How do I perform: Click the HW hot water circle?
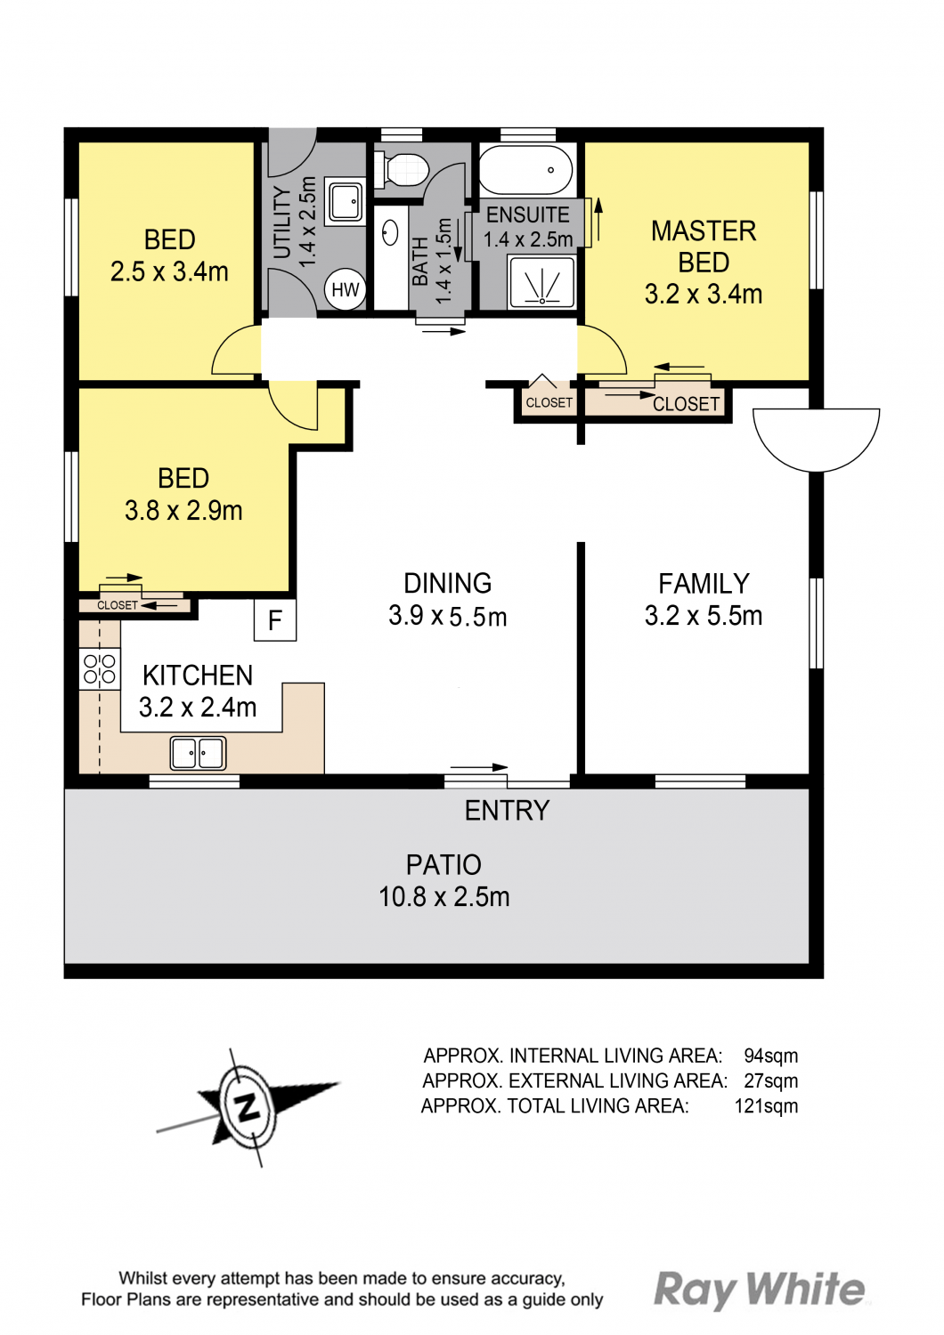346,289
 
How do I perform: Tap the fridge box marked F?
275,620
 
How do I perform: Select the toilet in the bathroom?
402,169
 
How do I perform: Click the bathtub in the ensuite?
526,170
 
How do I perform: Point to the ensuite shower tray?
542,282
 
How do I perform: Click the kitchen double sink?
198,753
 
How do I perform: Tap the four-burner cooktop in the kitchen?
100,668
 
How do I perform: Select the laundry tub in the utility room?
346,201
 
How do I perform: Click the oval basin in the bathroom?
391,232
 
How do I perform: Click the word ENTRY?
507,811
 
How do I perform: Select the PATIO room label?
444,865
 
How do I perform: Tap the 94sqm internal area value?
770,1056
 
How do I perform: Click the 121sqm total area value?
766,1106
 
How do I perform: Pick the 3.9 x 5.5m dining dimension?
448,616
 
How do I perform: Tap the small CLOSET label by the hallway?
549,403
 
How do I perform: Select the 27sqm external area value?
770,1081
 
